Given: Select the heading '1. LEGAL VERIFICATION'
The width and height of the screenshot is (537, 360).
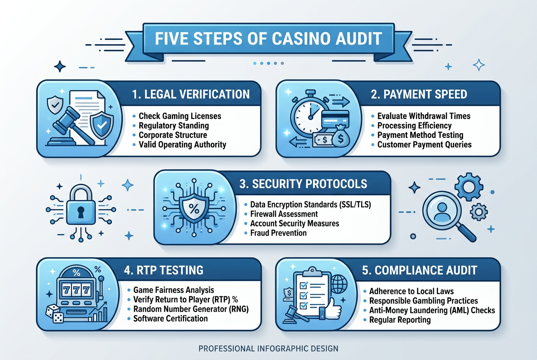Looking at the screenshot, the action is coord(191,94).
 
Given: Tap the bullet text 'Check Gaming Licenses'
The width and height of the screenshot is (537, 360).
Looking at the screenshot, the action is coord(180,116).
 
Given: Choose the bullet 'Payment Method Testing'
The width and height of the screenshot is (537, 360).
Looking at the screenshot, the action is coord(420,135).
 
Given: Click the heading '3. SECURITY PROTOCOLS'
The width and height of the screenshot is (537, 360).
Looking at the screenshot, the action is coord(303,184).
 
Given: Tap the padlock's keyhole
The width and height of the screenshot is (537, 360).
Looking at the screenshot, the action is coord(81,212).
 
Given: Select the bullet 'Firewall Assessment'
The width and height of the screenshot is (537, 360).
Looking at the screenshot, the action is coord(284,214).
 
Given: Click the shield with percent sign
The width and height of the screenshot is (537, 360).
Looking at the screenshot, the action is coord(194,208).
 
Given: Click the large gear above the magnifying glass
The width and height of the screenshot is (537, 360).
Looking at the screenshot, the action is coord(469,187).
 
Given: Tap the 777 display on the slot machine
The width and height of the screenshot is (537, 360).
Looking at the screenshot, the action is coord(76,290).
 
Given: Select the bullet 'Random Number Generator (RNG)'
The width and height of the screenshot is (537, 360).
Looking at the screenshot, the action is coord(191,309).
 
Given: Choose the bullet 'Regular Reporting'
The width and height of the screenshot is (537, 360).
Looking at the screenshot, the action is coord(400,320).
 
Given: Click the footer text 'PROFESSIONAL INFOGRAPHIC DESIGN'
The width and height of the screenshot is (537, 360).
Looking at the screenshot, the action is coord(268,349).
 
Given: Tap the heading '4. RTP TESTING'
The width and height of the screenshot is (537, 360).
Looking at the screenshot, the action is coord(164,270).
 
